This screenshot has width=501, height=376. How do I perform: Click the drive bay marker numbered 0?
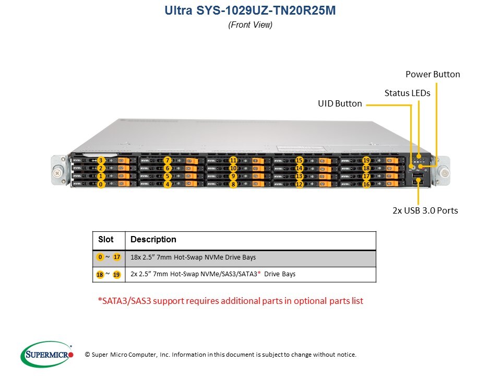click(x=101, y=184)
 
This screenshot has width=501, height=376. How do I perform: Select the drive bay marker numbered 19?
click(x=366, y=160)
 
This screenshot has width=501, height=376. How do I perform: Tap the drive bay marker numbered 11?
click(x=233, y=160)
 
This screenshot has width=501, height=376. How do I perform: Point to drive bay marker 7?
click(x=167, y=160)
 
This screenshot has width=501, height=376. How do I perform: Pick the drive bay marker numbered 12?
click(x=300, y=184)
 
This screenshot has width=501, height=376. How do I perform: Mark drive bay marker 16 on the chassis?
click(x=366, y=184)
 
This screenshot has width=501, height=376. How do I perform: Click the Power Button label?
click(x=433, y=74)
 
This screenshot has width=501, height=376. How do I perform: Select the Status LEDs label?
click(x=407, y=93)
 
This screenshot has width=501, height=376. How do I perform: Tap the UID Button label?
click(x=340, y=103)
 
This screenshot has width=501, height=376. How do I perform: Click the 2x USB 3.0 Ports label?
click(x=425, y=210)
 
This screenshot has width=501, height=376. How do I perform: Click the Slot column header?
click(x=106, y=240)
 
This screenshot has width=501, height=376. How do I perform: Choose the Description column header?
click(x=153, y=240)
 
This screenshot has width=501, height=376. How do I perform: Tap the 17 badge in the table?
click(x=117, y=257)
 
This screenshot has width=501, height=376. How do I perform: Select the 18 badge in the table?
click(x=100, y=275)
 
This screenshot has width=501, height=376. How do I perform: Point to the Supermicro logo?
click(x=47, y=355)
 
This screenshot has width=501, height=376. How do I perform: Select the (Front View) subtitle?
click(x=250, y=25)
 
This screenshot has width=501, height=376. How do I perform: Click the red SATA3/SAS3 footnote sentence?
click(x=230, y=301)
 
